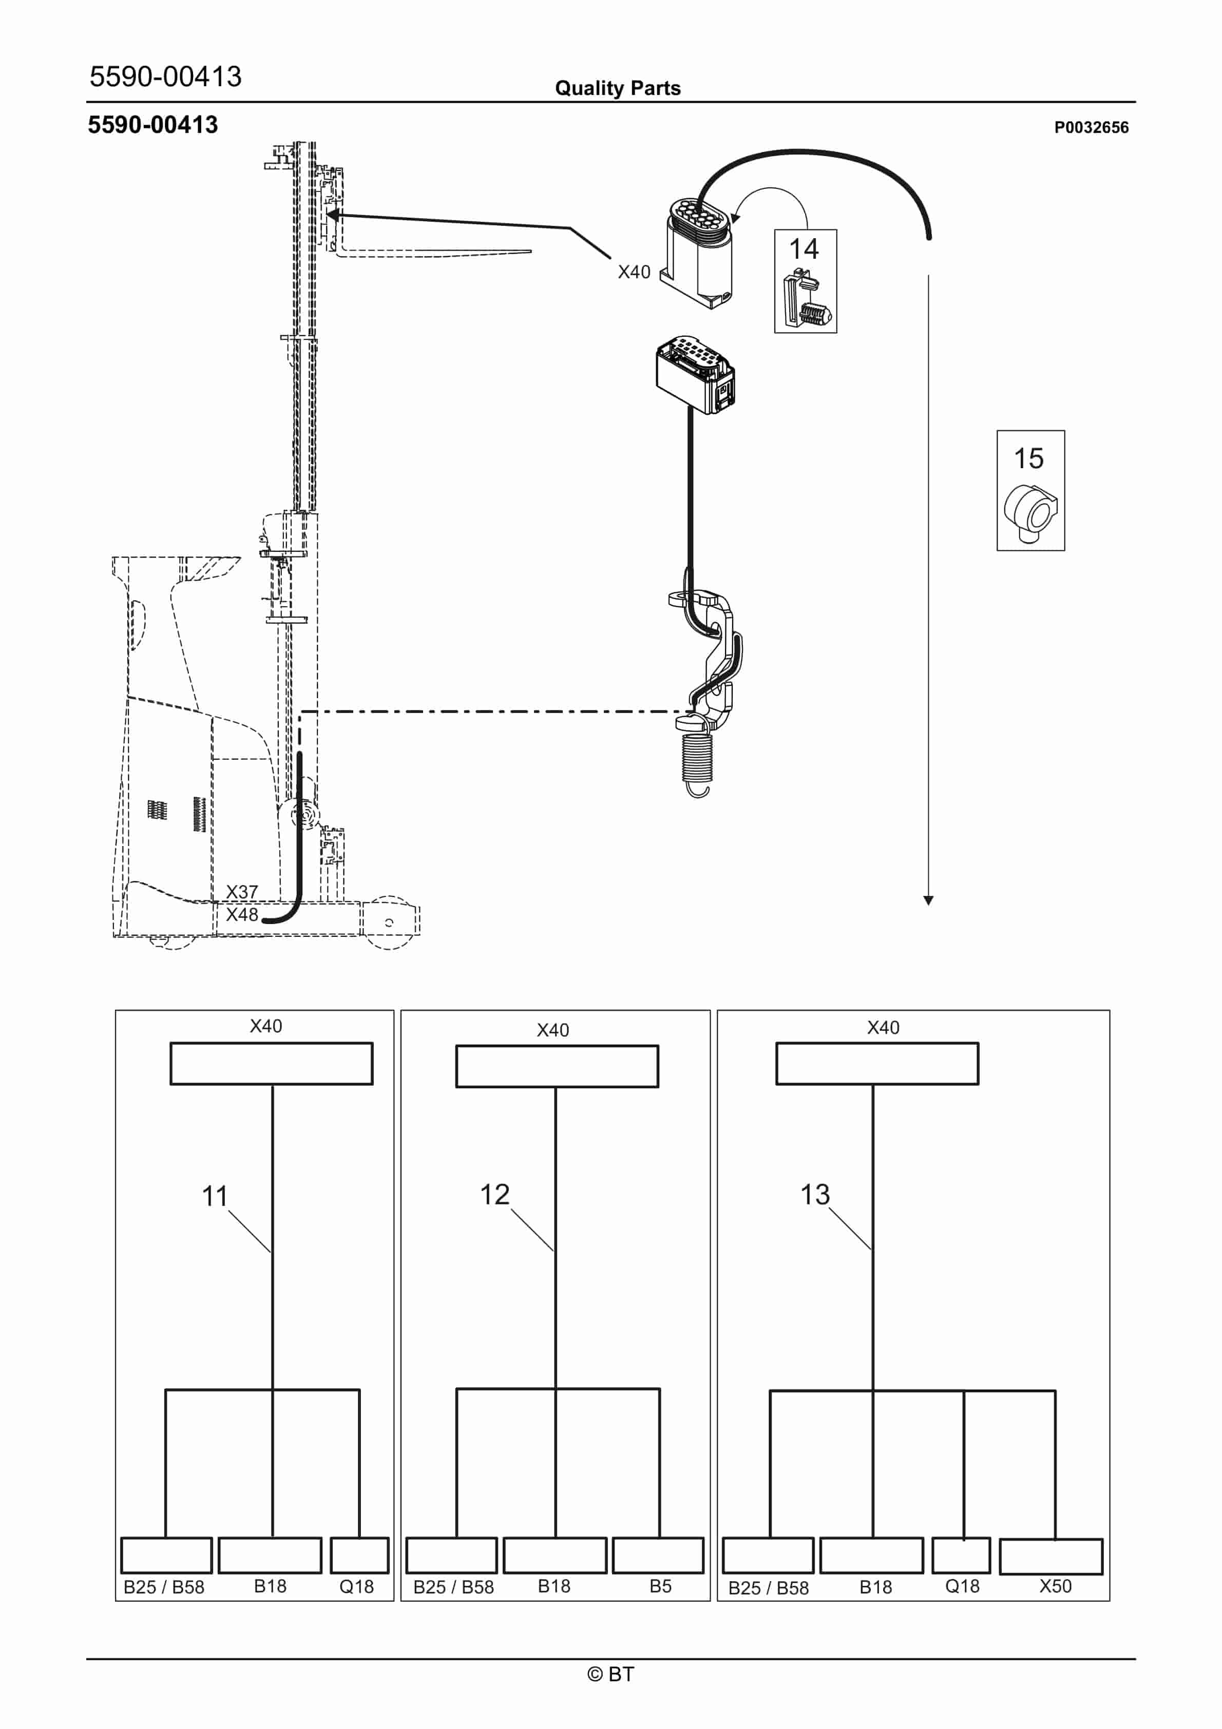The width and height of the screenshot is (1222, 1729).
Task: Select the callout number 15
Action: pyautogui.click(x=1028, y=458)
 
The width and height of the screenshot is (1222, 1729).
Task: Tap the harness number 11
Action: pyautogui.click(x=215, y=1196)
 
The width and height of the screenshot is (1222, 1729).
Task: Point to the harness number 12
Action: pyautogui.click(x=495, y=1195)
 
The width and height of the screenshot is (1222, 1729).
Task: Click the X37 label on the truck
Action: pyautogui.click(x=242, y=892)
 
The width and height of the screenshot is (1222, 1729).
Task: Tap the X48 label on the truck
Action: pyautogui.click(x=242, y=914)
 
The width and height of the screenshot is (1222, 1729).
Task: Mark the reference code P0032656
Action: pyautogui.click(x=1091, y=127)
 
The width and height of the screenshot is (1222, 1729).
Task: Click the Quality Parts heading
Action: pyautogui.click(x=618, y=88)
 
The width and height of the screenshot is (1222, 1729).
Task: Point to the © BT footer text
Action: pyautogui.click(x=611, y=1674)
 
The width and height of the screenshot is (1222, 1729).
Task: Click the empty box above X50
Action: pyautogui.click(x=1051, y=1557)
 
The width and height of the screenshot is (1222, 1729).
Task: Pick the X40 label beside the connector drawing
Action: pyautogui.click(x=634, y=272)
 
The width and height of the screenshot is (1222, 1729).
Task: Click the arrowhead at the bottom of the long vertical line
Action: pyautogui.click(x=928, y=900)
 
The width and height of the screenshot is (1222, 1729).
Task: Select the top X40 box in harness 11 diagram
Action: pyautogui.click(x=271, y=1063)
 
